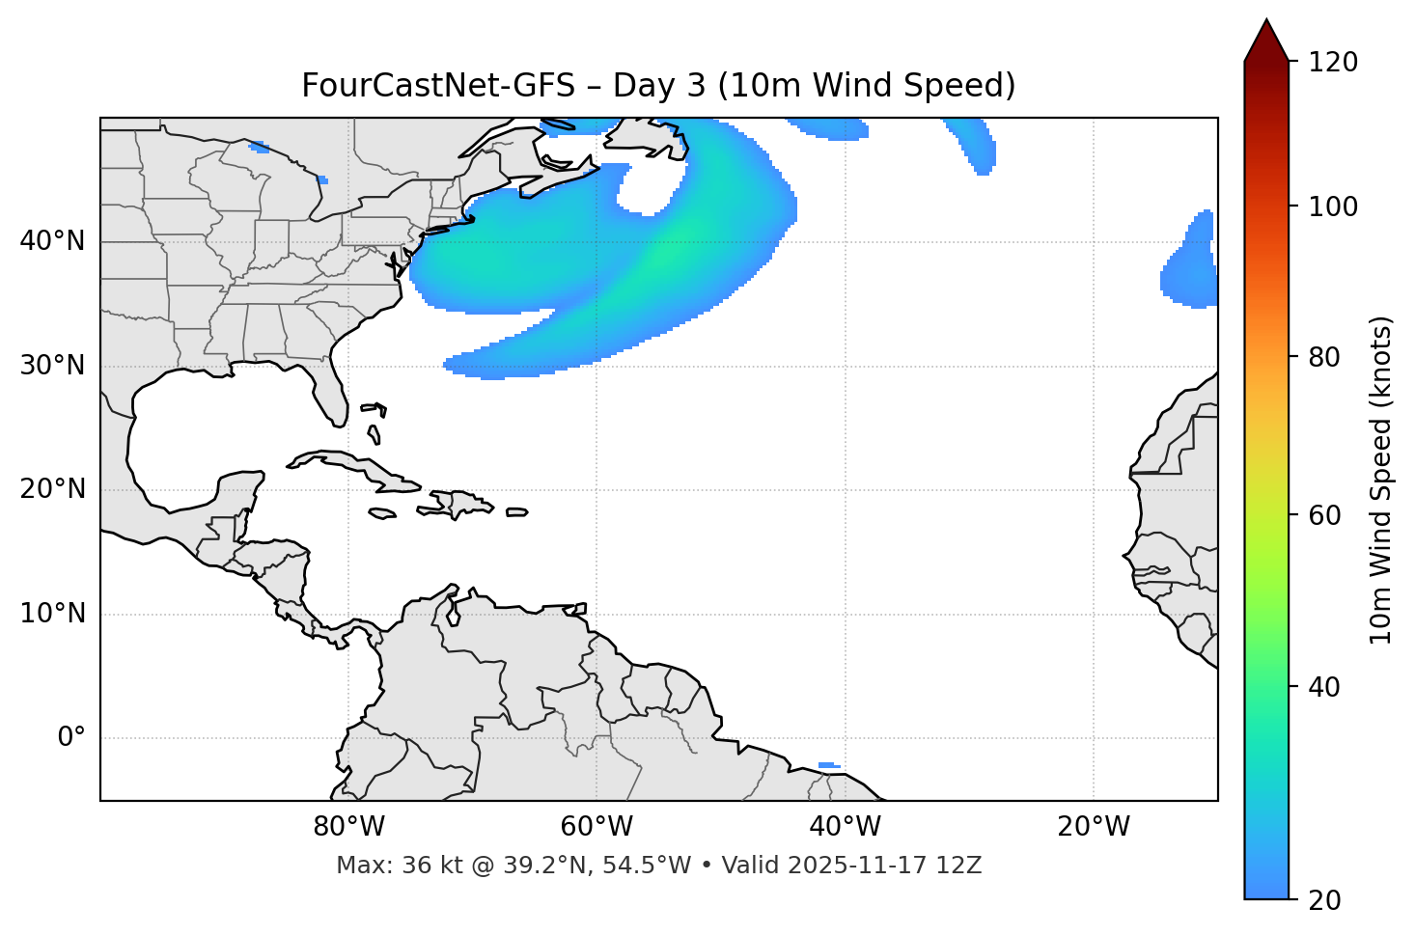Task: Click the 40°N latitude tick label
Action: [x=52, y=241]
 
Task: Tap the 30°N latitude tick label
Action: [x=52, y=366]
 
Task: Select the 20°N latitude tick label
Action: [x=52, y=489]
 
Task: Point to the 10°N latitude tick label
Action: [x=52, y=614]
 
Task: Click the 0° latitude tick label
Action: [x=71, y=738]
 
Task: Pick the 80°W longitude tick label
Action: [x=348, y=827]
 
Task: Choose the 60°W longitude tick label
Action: [x=597, y=827]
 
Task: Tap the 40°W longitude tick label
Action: [x=845, y=827]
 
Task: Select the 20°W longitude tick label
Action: [x=1093, y=827]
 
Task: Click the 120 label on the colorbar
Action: [x=1333, y=63]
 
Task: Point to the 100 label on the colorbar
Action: [x=1333, y=206]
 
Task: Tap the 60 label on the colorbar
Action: [x=1325, y=515]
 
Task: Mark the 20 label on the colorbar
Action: [x=1325, y=900]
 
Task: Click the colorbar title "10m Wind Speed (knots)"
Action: [x=1381, y=480]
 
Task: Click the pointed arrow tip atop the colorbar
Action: [x=1266, y=23]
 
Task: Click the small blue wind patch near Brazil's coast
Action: [x=828, y=765]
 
